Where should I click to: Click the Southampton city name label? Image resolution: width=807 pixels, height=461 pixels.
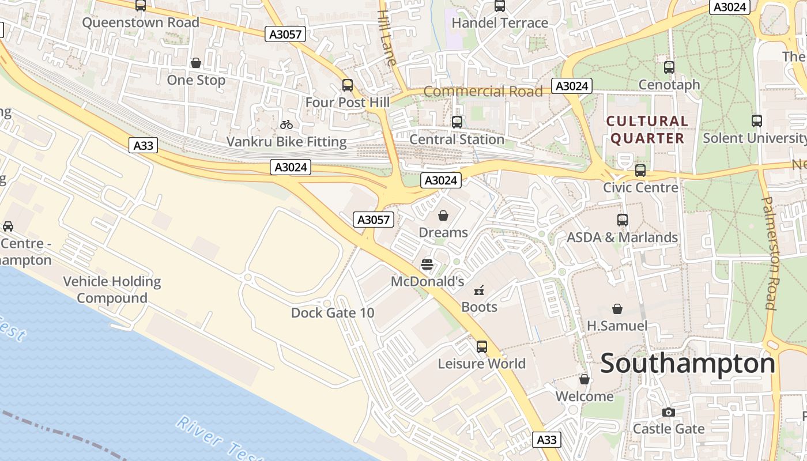688,364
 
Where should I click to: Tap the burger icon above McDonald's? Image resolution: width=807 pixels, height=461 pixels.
427,264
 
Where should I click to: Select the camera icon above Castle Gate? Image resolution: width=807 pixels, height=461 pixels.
669,412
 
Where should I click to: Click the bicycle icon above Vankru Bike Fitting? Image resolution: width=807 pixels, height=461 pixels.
286,124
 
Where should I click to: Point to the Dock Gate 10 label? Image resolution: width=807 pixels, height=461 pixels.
333,313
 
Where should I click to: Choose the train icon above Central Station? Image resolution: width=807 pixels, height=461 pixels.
457,122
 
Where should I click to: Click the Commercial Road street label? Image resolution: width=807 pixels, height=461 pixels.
483,92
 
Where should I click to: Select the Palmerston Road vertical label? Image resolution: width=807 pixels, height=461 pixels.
770,254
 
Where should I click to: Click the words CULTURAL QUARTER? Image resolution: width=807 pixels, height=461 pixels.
647,130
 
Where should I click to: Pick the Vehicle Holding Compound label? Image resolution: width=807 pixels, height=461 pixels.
112,290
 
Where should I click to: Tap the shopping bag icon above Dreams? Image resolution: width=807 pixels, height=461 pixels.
443,216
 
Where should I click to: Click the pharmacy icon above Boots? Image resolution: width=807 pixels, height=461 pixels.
479,290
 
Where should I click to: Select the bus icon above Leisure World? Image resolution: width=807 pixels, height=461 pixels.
482,347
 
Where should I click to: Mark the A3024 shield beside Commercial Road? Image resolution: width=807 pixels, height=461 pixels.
572,86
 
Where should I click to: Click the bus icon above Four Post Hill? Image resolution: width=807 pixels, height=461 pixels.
348,85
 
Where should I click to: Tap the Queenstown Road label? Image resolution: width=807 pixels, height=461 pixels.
141,22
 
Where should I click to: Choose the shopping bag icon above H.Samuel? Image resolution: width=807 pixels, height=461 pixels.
617,309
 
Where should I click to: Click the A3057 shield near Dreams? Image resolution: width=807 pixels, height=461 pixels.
374,220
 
